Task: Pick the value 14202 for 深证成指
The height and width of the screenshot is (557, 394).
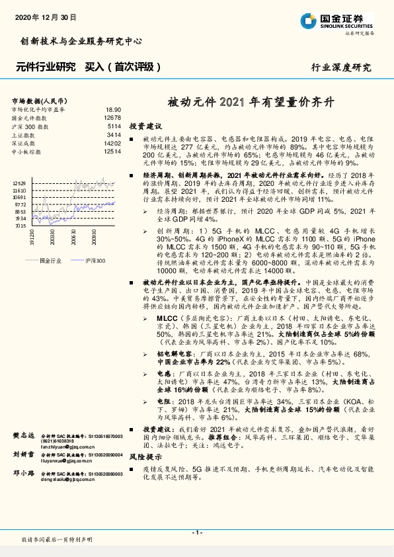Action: (x=112, y=143)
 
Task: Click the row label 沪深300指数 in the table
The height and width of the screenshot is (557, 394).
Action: (x=29, y=126)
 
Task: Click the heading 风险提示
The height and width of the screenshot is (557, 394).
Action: (x=145, y=456)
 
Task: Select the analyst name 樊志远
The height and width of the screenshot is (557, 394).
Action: (x=24, y=436)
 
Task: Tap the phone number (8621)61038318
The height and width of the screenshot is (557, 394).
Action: (x=59, y=442)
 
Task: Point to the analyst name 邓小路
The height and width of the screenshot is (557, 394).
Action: (x=24, y=474)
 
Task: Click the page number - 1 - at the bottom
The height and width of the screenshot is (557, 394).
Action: (x=196, y=533)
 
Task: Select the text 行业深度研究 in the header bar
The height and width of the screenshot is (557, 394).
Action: (x=341, y=67)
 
